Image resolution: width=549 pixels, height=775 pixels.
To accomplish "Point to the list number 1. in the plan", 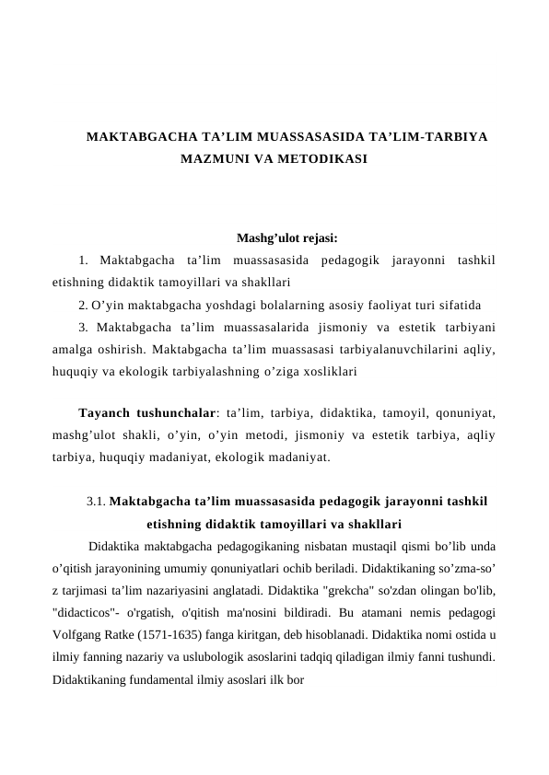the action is pyautogui.click(x=84, y=261).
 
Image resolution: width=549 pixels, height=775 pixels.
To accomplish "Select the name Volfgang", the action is pyautogui.click(x=78, y=634).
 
